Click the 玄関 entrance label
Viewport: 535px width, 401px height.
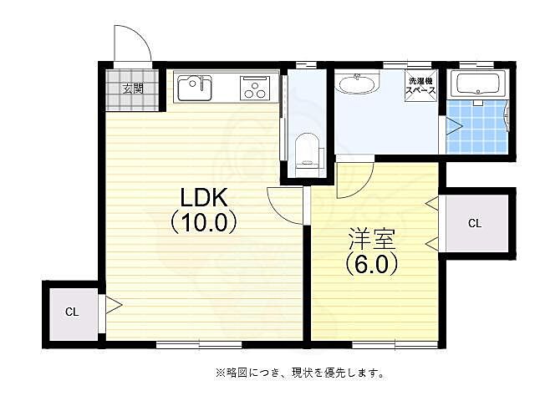(132, 88)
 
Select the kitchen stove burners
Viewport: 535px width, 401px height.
(253, 88)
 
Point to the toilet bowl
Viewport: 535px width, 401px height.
(308, 150)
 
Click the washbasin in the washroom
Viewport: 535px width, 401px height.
(357, 84)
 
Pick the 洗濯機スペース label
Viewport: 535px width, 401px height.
(420, 87)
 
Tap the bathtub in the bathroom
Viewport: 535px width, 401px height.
(476, 84)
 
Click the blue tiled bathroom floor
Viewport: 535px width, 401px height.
(476, 126)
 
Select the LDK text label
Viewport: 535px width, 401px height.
(206, 200)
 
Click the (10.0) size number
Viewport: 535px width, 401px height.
(206, 223)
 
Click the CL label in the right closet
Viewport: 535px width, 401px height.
(474, 223)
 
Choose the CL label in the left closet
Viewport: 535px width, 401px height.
(72, 312)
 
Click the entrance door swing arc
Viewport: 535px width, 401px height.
(132, 43)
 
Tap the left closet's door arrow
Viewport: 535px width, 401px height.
(111, 305)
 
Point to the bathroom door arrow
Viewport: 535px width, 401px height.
(452, 127)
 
